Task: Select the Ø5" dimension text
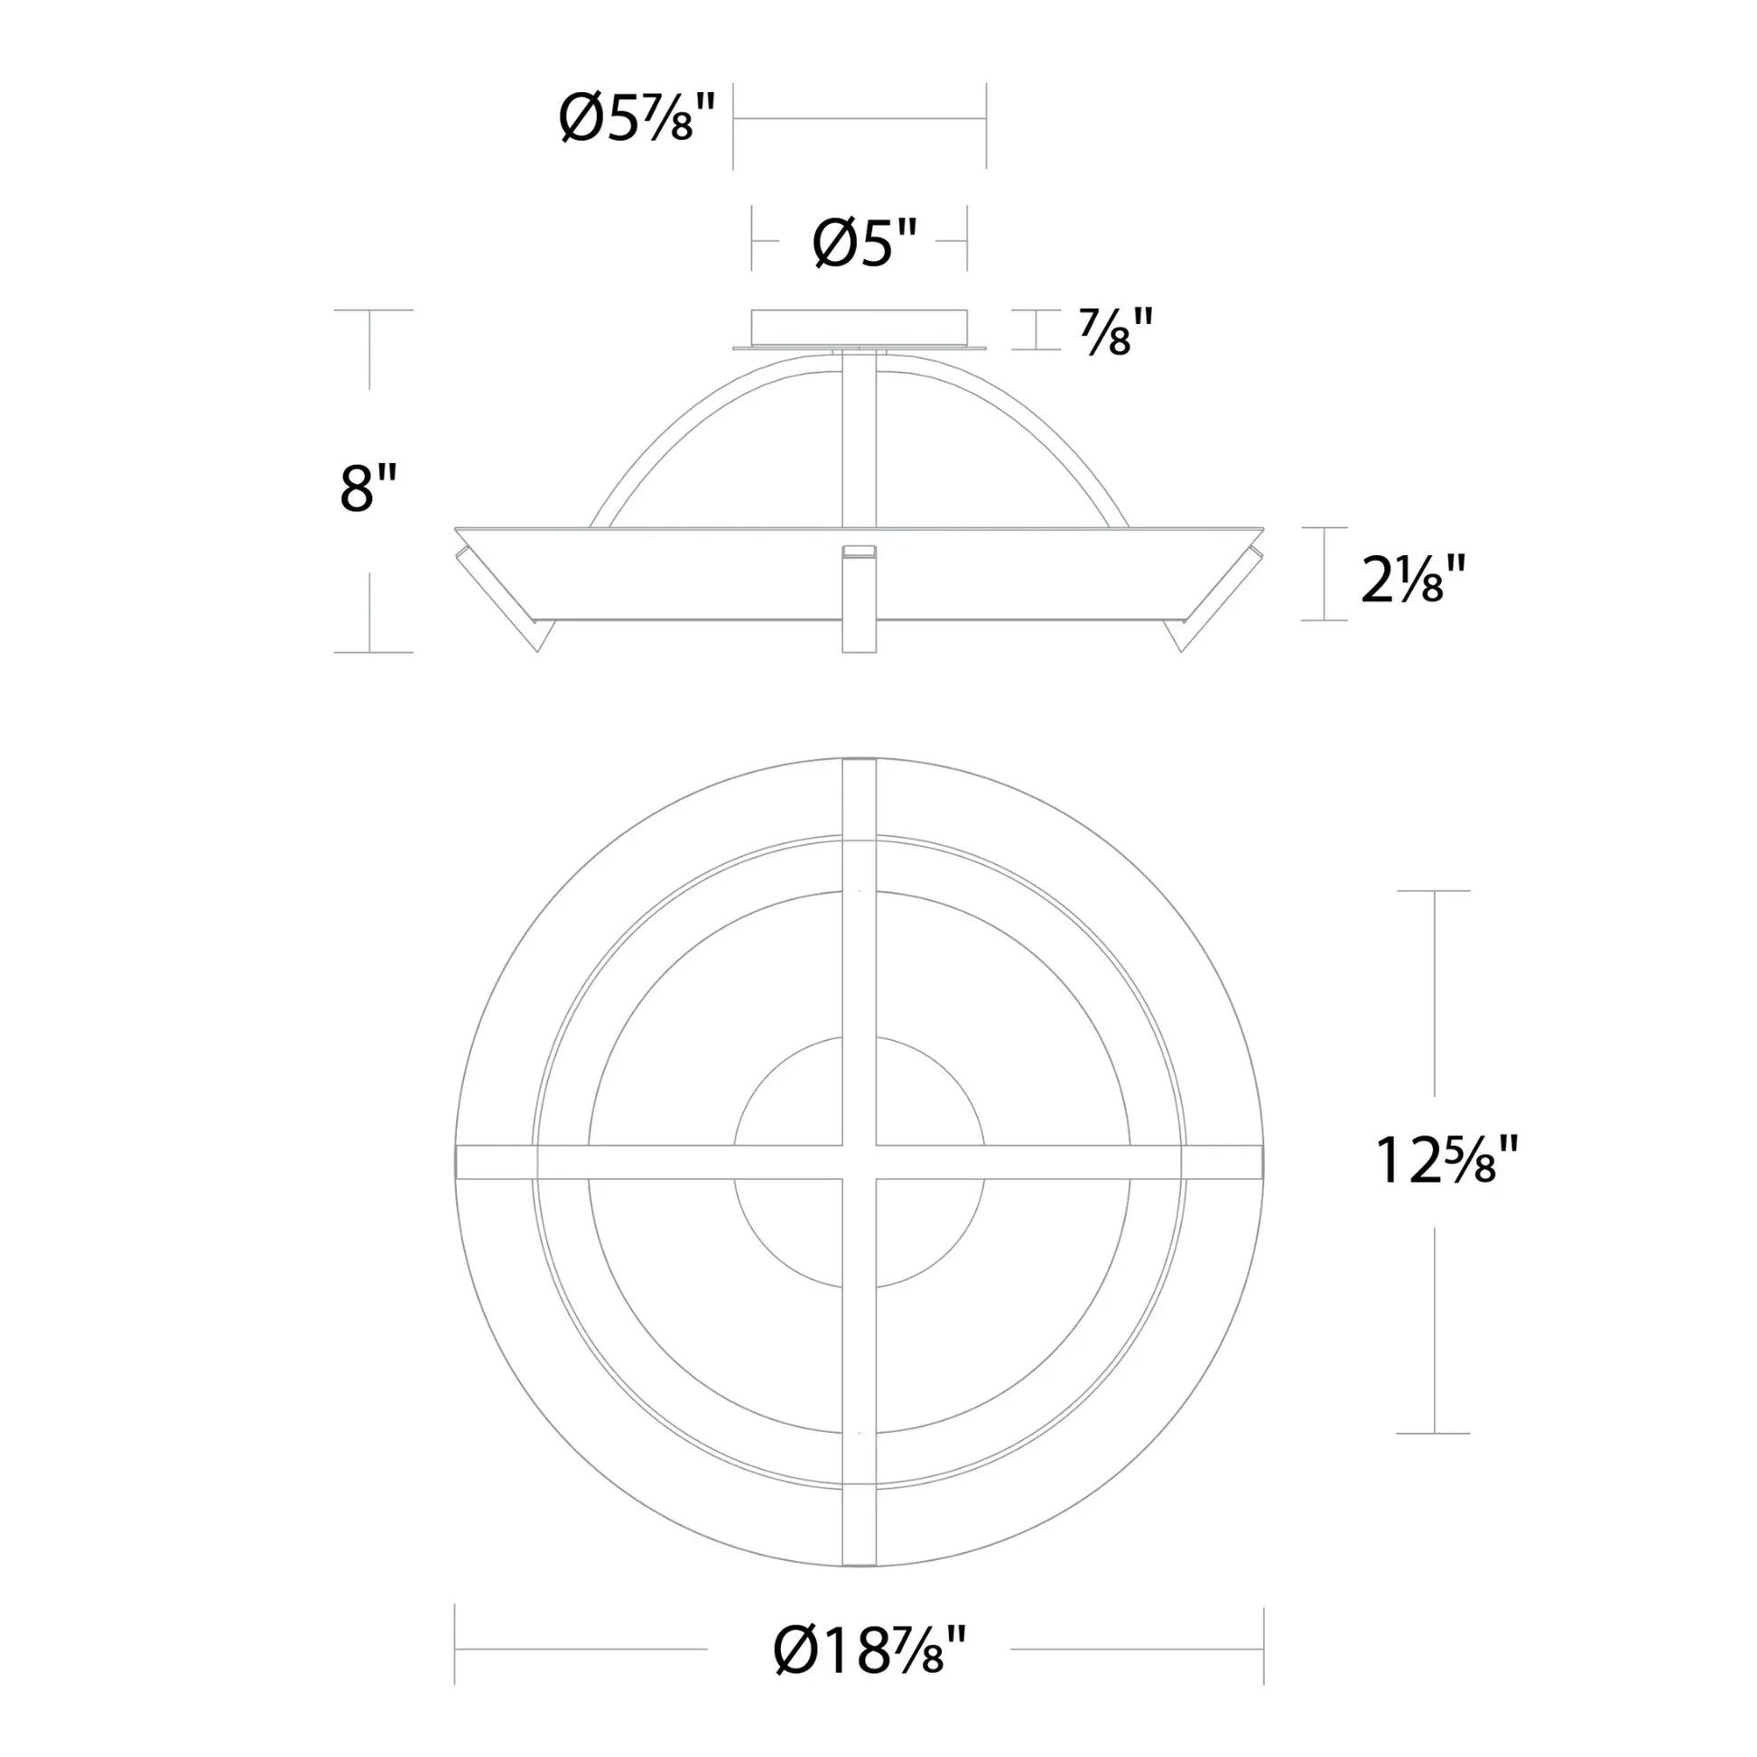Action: (865, 244)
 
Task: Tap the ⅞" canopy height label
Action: (1116, 331)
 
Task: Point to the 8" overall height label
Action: (368, 488)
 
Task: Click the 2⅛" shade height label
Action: (1412, 580)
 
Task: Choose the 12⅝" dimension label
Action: (1446, 1161)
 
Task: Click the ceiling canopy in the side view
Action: (859, 326)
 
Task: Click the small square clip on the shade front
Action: (860, 550)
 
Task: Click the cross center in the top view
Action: (860, 1162)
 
